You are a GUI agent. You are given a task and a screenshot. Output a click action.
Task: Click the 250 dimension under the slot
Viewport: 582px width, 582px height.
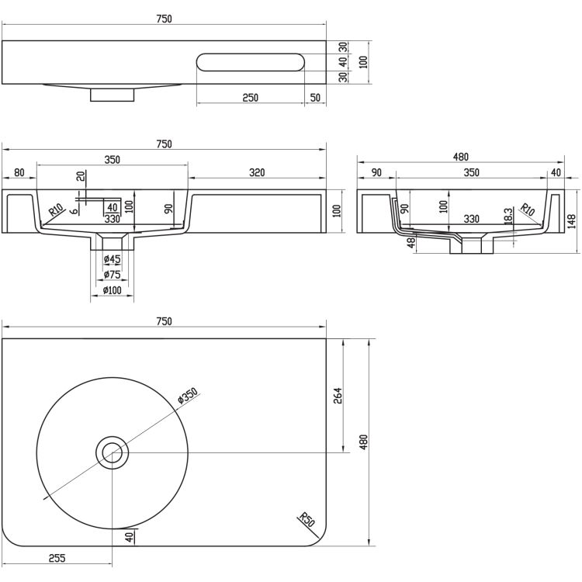point(250,98)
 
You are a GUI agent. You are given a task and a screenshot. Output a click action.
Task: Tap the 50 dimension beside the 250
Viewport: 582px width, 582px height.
point(315,98)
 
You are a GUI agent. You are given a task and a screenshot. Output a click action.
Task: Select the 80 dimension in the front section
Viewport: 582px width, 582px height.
point(19,172)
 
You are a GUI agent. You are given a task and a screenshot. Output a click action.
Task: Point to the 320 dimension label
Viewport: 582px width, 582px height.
point(258,172)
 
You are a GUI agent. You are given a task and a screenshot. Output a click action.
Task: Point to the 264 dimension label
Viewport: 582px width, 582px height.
point(338,396)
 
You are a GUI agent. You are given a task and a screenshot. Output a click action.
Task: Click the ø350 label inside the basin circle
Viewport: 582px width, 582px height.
point(189,396)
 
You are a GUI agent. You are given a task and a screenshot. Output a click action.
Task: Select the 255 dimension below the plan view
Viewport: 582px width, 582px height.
point(56,557)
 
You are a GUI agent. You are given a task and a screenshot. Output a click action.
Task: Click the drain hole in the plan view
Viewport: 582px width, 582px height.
point(113,451)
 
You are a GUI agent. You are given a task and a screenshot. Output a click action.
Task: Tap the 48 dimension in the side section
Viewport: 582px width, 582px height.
point(411,243)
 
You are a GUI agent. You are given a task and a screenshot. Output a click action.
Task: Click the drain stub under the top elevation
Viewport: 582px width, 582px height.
point(113,94)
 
